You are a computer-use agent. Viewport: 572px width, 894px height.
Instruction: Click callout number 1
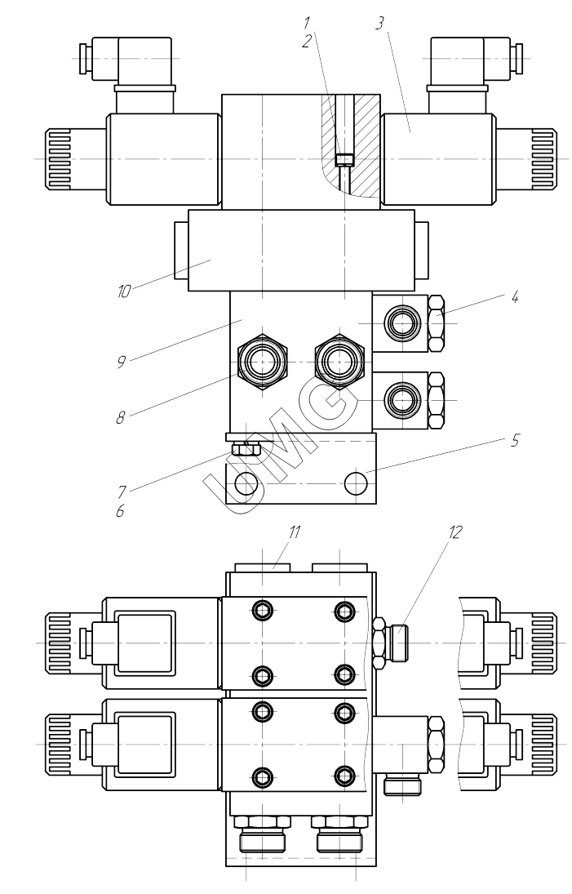[x=307, y=23]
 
